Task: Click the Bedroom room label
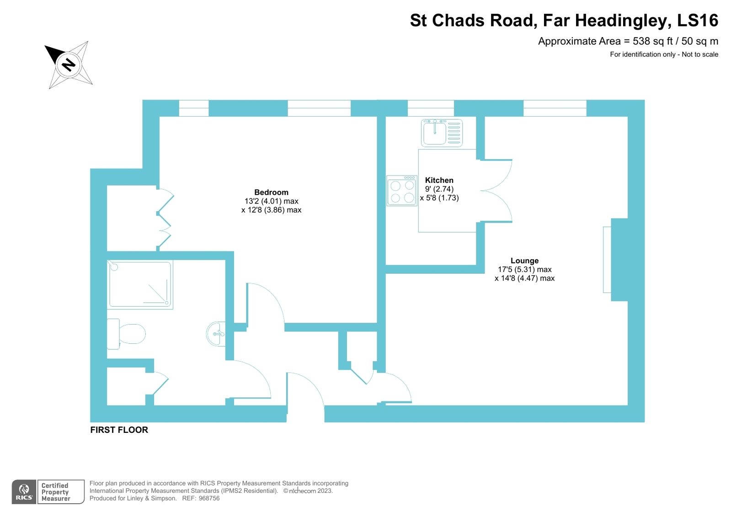271,192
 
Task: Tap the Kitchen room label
439,180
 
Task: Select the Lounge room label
524,261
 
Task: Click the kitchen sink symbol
442,133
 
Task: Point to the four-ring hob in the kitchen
402,191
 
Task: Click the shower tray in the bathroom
140,284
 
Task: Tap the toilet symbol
127,334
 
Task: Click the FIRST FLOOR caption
119,430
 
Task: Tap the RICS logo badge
24,492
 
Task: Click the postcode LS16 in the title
697,21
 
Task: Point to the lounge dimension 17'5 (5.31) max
524,269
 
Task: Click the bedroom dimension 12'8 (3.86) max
271,210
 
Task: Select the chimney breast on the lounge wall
619,260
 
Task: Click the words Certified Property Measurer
55,492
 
